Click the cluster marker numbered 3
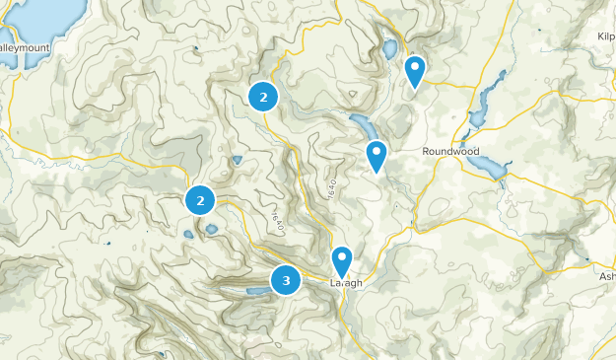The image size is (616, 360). [286, 280]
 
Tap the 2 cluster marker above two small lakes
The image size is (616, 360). [200, 200]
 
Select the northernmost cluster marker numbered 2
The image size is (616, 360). [262, 96]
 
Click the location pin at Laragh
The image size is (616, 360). [341, 261]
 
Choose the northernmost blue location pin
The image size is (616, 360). [415, 70]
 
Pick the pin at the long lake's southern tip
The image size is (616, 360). [376, 156]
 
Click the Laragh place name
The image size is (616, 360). [346, 283]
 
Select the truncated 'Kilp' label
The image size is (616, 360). [605, 36]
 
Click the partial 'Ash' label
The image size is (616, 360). [606, 277]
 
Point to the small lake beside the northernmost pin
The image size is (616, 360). [389, 48]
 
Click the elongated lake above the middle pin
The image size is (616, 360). [362, 125]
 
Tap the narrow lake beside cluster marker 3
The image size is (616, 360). [255, 291]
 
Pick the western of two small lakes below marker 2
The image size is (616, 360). [187, 235]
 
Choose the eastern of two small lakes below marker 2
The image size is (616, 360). [211, 229]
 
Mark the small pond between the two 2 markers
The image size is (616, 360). [237, 159]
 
